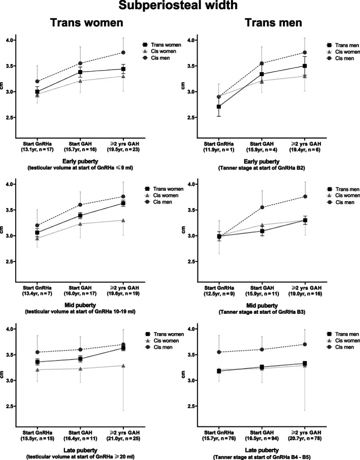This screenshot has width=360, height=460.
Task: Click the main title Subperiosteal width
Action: (180, 7)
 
